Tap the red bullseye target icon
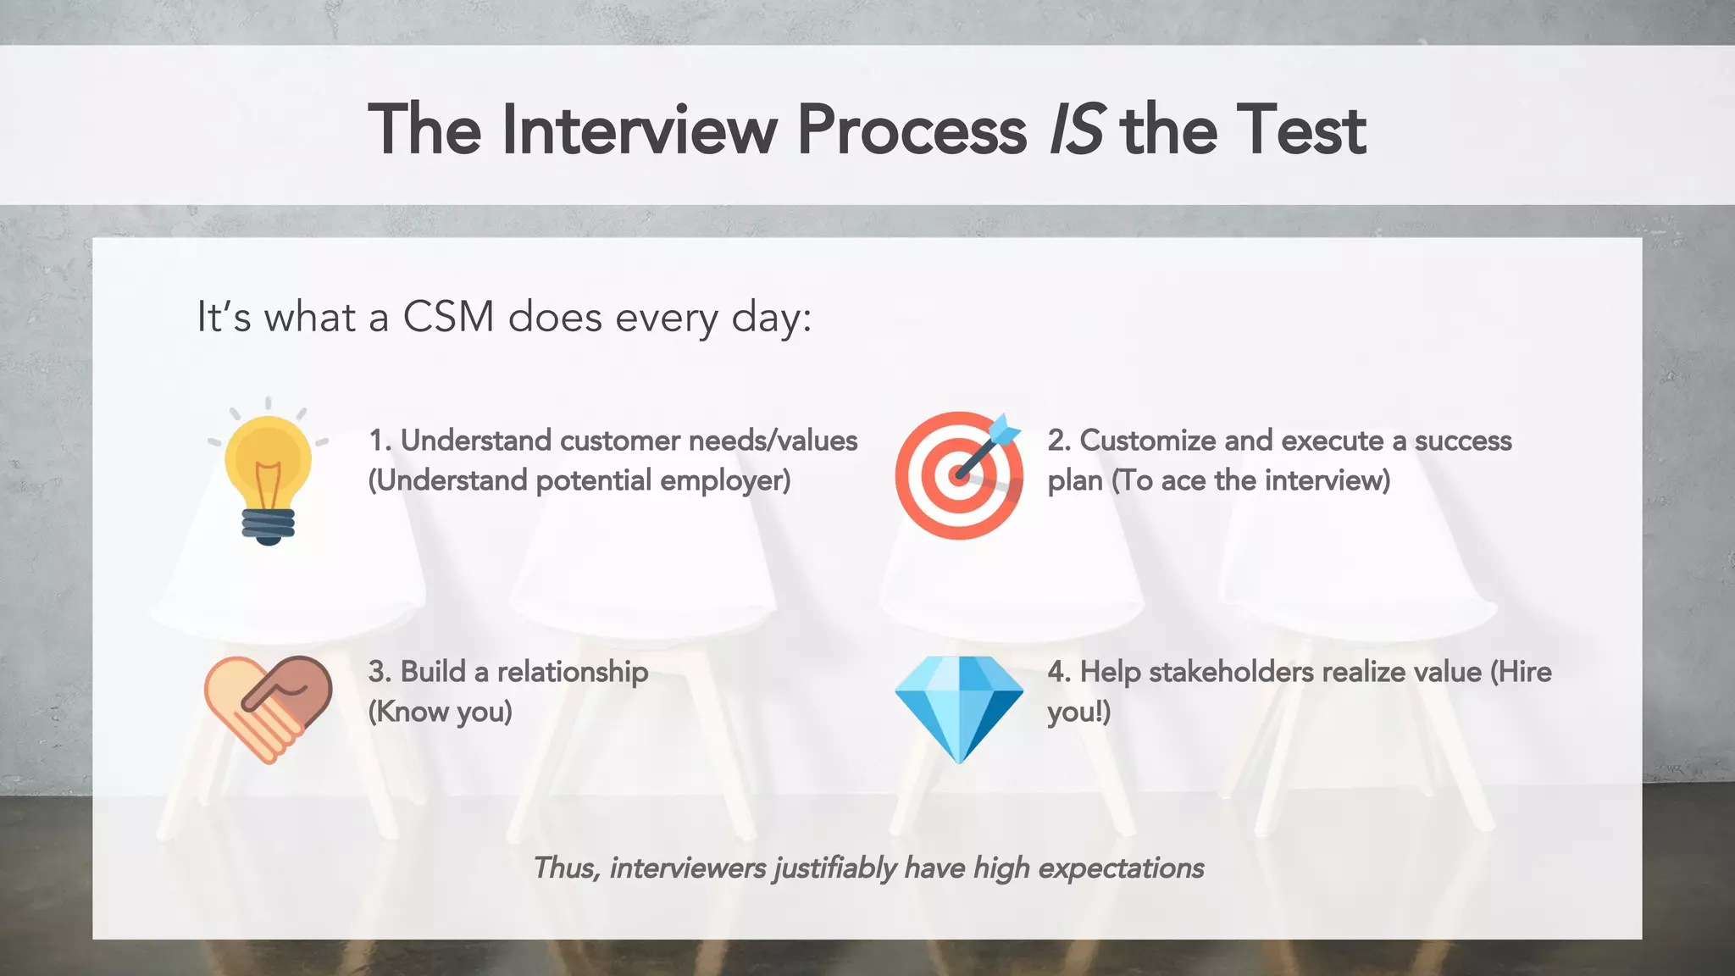pos(958,476)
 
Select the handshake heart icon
pos(268,708)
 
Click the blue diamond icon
pos(958,708)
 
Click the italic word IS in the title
pos(1076,130)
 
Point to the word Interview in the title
pos(639,130)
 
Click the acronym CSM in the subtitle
pos(448,318)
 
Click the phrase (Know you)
pos(440,712)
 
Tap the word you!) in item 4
pos(1078,712)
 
